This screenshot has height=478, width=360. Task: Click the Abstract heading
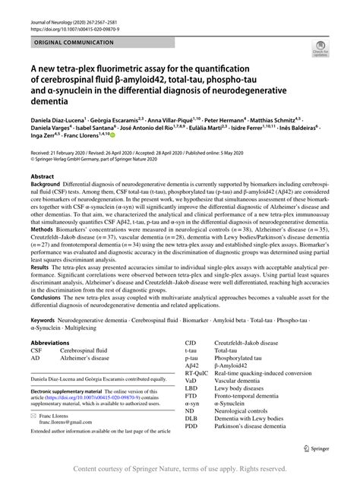pos(43,176)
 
